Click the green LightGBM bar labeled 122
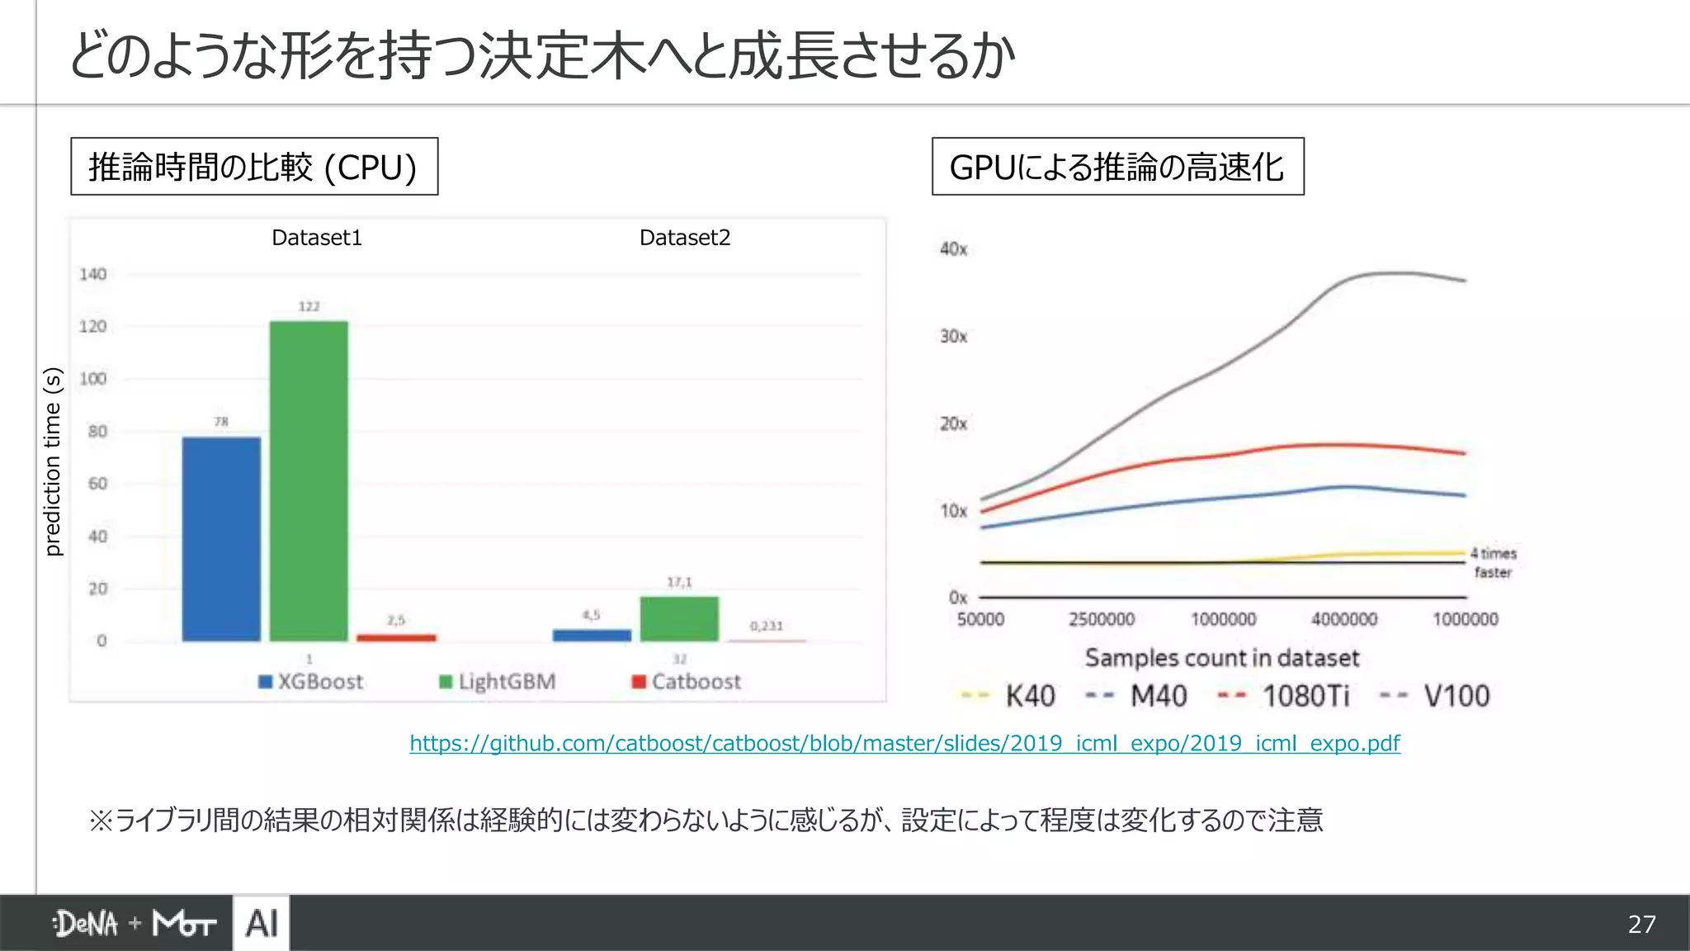click(309, 480)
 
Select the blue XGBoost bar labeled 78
click(221, 538)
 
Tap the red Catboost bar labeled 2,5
click(396, 637)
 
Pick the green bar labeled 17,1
click(679, 618)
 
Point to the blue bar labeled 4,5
click(592, 635)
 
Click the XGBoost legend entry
click(311, 682)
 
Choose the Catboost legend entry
click(687, 682)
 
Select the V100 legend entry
click(1436, 697)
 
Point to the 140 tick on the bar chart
click(93, 274)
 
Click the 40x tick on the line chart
click(953, 249)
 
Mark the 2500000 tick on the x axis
click(1102, 619)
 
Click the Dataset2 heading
click(685, 238)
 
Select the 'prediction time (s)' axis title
click(53, 461)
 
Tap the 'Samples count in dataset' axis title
click(1221, 658)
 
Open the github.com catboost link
click(904, 743)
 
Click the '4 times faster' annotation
click(1494, 562)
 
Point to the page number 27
click(1641, 924)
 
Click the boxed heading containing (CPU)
click(254, 167)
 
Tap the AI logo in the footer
click(262, 923)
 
